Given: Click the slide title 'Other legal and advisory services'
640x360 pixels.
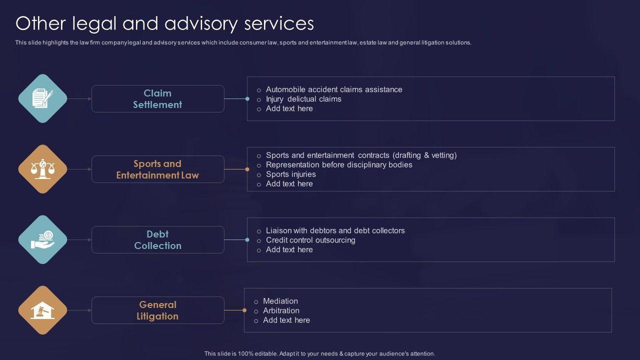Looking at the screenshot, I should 164,23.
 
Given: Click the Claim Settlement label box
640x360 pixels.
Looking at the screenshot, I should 157,99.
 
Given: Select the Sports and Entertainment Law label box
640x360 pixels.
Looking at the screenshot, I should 157,169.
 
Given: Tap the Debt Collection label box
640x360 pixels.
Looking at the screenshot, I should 157,240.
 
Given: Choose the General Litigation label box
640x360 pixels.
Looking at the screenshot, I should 157,310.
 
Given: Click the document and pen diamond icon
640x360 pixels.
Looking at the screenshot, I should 42,98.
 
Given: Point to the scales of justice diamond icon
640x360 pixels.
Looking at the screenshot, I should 42,169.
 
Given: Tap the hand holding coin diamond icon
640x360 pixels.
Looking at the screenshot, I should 42,239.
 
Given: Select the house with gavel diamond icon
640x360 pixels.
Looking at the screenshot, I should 42,310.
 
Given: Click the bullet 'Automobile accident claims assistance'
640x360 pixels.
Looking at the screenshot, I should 334,89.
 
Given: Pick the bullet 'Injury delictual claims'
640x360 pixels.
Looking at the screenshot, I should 303,99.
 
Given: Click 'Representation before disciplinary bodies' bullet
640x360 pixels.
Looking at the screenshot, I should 339,164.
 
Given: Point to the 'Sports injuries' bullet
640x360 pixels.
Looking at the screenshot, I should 290,174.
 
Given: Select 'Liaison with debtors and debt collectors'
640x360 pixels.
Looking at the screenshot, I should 335,230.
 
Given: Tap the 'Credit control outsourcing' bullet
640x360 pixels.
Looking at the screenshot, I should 310,240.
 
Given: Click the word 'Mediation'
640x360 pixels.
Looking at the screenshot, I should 280,301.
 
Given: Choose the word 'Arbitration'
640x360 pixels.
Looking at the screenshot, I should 281,310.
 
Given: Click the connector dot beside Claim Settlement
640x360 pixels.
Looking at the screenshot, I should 247,99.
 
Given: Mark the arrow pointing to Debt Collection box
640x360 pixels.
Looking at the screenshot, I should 80,240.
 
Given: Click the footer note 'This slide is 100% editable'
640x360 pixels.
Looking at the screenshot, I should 319,353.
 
